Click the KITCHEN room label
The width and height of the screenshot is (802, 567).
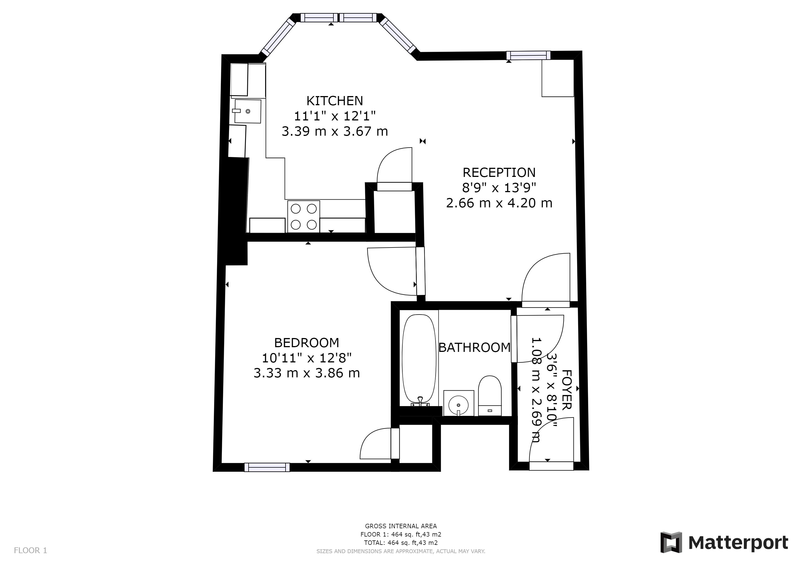[x=335, y=101]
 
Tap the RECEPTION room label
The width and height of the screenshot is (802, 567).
[x=499, y=172]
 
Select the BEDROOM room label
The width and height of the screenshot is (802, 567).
[x=306, y=343]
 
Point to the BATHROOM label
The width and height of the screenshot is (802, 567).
[x=474, y=348]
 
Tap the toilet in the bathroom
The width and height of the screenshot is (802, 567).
[x=490, y=396]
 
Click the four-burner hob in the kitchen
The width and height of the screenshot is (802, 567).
[x=304, y=217]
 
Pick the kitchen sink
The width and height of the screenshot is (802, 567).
[x=248, y=111]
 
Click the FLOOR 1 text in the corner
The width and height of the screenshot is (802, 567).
[x=30, y=551]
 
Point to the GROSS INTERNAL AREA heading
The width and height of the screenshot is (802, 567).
[x=401, y=526]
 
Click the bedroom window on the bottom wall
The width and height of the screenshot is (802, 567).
[x=267, y=467]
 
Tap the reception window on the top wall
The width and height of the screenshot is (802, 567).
[x=528, y=55]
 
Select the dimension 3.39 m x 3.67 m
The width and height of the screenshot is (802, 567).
[x=335, y=132]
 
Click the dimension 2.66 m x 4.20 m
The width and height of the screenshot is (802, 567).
[x=499, y=203]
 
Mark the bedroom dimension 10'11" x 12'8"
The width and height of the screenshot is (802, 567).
[x=306, y=358]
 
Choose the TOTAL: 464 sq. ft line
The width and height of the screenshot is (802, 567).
[x=401, y=543]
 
